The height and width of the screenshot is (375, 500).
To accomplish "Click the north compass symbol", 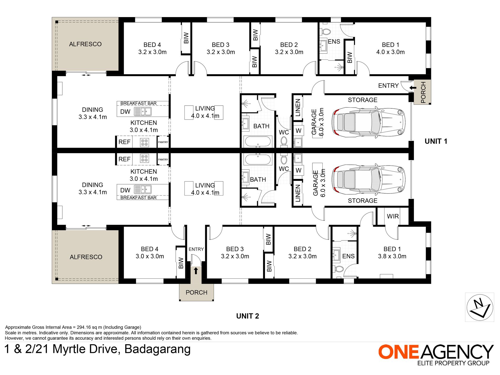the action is tap(480, 307).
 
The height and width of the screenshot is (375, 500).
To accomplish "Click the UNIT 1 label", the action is tap(436, 141).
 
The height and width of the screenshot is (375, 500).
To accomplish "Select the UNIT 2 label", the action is tap(248, 316).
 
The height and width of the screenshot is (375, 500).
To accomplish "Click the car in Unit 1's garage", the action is tap(369, 122).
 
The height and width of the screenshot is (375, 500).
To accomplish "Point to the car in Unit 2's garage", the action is tap(369, 180).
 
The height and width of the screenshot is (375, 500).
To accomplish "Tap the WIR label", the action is tap(393, 216).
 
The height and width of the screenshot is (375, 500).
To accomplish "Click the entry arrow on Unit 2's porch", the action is tap(196, 271).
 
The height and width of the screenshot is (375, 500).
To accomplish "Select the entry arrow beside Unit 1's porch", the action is tap(413, 88).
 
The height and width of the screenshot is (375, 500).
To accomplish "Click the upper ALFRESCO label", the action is tap(85, 44).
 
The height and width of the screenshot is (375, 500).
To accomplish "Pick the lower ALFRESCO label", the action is tap(86, 257).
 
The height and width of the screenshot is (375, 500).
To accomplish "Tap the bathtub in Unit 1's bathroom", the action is tap(258, 142).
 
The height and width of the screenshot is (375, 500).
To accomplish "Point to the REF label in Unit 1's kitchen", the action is tap(124, 142).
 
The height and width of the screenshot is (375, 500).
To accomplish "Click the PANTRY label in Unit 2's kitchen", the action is tap(163, 159).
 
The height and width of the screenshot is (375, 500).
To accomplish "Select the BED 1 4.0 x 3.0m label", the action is tap(391, 48).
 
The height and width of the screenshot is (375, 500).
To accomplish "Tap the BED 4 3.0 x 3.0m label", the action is tap(150, 253).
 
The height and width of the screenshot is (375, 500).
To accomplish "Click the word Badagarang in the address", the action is tap(157, 349).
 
